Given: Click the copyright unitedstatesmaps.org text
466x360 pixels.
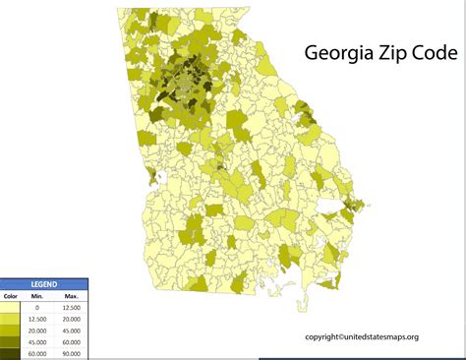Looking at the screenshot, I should [x=361, y=337].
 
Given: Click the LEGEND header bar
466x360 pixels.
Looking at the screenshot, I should [x=43, y=284].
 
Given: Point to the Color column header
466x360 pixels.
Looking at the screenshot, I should [x=11, y=296].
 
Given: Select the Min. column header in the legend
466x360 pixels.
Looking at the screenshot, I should [x=37, y=296].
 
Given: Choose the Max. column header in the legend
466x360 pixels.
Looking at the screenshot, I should [x=71, y=296].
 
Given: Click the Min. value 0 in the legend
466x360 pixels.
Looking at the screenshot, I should [x=38, y=308].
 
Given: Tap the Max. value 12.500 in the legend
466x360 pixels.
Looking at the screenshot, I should [x=71, y=308].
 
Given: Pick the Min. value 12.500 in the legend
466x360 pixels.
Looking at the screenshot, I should [x=38, y=320].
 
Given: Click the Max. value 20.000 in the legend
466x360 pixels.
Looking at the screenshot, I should [x=71, y=320].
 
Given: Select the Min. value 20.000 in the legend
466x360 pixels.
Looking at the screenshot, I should [x=38, y=330].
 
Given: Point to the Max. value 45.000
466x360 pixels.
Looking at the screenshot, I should [x=71, y=330].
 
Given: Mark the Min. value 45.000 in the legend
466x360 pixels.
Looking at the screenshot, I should [x=38, y=341].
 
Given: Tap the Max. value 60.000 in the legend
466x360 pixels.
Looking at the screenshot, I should [x=71, y=341].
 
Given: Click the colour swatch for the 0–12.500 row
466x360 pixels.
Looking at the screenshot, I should [x=11, y=308].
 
